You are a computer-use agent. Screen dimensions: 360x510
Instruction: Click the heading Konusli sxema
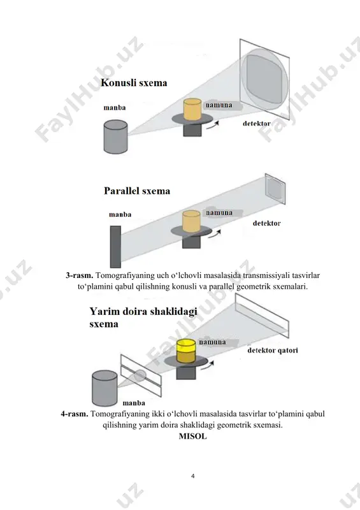[x=134, y=83]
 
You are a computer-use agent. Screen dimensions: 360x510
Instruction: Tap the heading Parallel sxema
[x=137, y=191]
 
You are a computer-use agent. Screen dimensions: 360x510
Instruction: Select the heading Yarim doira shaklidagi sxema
[x=143, y=317]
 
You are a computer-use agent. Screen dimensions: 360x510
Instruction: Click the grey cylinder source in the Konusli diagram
[x=115, y=136]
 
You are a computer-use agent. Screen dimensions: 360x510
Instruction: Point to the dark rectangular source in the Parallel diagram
[x=115, y=247]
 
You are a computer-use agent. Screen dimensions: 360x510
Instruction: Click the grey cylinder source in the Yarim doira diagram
[x=104, y=388]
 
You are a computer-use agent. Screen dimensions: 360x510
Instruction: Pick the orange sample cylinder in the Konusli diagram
[x=192, y=110]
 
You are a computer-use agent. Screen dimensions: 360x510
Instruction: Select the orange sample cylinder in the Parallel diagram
[x=191, y=221]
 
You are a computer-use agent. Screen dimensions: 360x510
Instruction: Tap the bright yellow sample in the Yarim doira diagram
[x=186, y=345]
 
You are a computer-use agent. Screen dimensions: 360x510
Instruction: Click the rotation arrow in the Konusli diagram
[x=213, y=126]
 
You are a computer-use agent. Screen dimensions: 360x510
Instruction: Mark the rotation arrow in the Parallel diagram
[x=215, y=234]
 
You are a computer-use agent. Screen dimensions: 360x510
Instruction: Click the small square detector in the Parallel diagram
[x=275, y=189]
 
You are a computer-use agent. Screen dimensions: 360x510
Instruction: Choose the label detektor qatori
[x=273, y=350]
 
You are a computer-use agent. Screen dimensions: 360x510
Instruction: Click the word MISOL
[x=193, y=436]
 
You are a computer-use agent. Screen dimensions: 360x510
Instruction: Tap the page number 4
[x=193, y=476]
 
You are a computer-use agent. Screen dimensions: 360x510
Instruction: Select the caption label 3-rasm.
[x=80, y=275]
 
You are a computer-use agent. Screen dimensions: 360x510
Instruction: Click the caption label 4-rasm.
[x=75, y=414]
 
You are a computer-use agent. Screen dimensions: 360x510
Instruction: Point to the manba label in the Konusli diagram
[x=115, y=108]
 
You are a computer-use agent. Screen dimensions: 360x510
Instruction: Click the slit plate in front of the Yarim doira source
[x=141, y=375]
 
